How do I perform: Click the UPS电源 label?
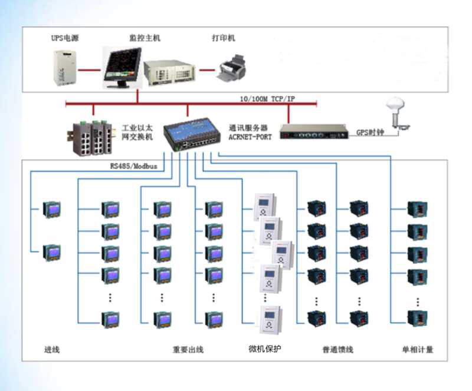[65, 38]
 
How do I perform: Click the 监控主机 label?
[145, 38]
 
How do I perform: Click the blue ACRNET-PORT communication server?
[191, 134]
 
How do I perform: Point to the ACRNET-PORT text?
[250, 137]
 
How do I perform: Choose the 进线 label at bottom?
[52, 350]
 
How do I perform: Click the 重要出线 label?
[188, 350]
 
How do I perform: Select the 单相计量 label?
[417, 350]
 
